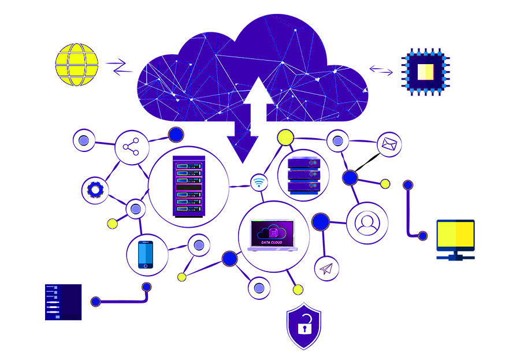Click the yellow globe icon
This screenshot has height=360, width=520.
pyautogui.click(x=77, y=65)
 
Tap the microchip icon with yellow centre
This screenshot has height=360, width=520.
pyautogui.click(x=426, y=72)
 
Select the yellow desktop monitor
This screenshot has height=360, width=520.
pyautogui.click(x=455, y=236)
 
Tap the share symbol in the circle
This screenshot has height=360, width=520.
pyautogui.click(x=132, y=148)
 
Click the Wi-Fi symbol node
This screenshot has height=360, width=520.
pyautogui.click(x=259, y=183)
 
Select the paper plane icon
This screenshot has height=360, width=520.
pyautogui.click(x=326, y=268)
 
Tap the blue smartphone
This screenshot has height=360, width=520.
pyautogui.click(x=146, y=254)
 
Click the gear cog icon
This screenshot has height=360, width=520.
pyautogui.click(x=95, y=189)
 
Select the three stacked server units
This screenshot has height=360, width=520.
pyautogui.click(x=303, y=175)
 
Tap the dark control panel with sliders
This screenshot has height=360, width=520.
pyautogui.click(x=63, y=302)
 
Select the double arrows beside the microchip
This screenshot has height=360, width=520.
pyautogui.click(x=381, y=71)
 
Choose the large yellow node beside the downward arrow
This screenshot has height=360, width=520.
pyautogui.click(x=285, y=137)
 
